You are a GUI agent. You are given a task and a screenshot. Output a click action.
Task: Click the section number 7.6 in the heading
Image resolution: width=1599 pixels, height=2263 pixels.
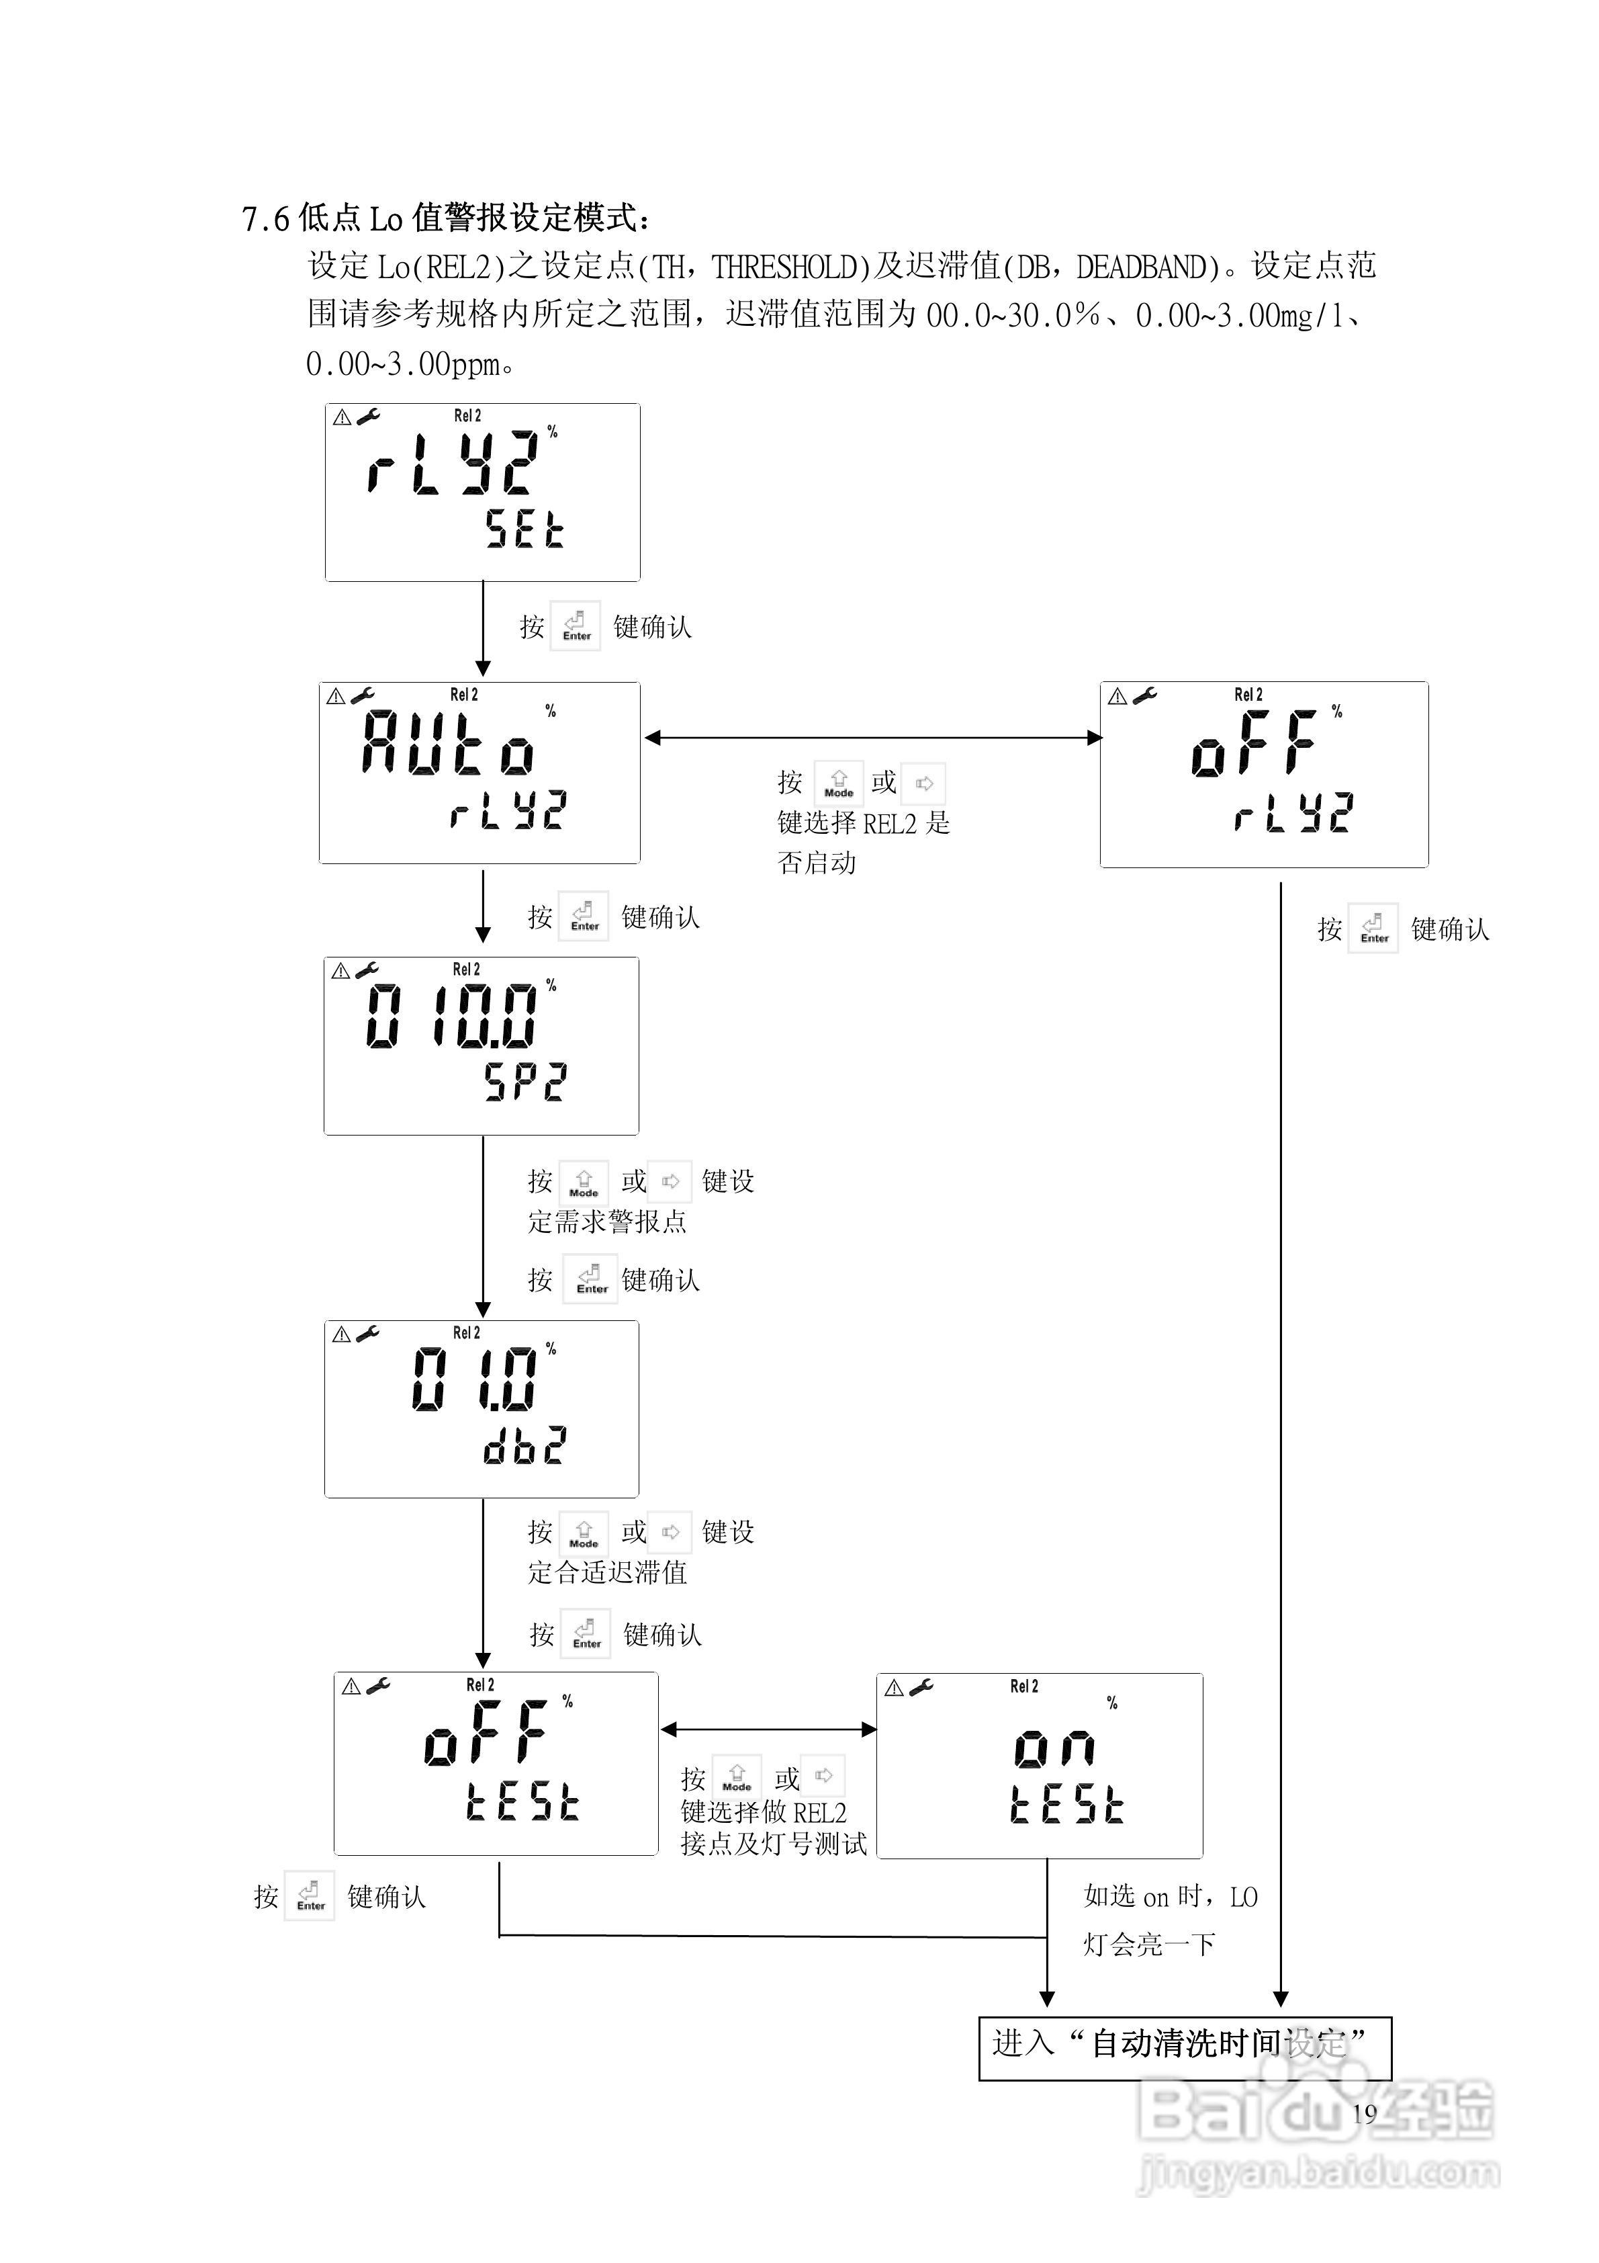265,219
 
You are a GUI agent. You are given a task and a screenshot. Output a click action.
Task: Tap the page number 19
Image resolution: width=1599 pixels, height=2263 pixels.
1365,2113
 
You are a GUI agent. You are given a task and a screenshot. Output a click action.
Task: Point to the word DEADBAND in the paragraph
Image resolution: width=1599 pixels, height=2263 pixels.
1142,266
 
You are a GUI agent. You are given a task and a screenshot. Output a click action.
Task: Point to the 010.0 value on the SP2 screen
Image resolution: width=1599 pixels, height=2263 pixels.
451,1016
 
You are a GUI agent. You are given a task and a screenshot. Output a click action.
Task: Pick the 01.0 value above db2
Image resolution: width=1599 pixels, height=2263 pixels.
474,1379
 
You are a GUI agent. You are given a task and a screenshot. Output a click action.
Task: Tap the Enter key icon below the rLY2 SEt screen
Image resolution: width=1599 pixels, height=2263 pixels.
576,625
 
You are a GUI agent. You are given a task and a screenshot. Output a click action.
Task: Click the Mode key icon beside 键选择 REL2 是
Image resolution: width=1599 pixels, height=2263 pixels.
838,783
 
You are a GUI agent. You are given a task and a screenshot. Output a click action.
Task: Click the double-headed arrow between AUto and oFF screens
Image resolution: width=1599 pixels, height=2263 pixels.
873,737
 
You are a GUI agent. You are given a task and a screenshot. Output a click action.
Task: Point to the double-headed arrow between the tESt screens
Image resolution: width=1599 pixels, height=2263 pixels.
768,1729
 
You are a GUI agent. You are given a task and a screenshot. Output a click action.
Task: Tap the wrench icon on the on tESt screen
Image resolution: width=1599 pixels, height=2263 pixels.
921,1687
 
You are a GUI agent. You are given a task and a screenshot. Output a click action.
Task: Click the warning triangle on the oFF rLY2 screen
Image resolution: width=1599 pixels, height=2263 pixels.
1117,697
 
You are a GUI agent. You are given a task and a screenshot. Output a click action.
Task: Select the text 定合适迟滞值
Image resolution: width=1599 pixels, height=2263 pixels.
607,1572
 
